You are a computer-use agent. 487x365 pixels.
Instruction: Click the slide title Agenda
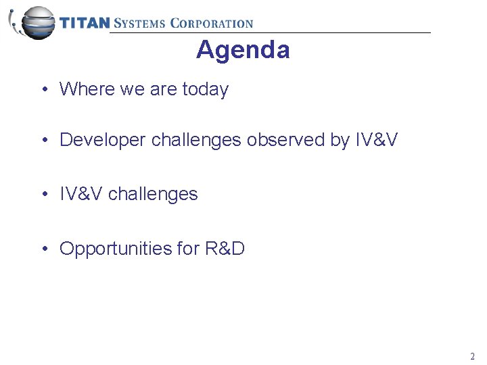[243, 50]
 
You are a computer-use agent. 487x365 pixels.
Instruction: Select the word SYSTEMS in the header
[139, 23]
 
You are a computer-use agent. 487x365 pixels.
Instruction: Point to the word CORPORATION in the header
[211, 23]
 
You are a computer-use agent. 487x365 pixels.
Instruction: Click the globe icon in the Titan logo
[35, 22]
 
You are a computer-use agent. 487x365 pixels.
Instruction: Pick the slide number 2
[472, 356]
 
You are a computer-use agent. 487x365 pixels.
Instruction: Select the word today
[206, 89]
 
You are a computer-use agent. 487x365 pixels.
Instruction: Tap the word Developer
[103, 140]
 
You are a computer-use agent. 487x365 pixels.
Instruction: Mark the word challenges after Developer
[196, 140]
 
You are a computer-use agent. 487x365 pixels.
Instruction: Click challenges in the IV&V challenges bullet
[153, 195]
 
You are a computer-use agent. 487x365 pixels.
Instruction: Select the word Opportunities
[116, 249]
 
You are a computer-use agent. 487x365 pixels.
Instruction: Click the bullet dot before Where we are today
[44, 90]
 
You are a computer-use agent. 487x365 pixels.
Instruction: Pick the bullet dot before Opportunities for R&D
[44, 249]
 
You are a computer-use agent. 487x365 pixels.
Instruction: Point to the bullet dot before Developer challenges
[44, 141]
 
